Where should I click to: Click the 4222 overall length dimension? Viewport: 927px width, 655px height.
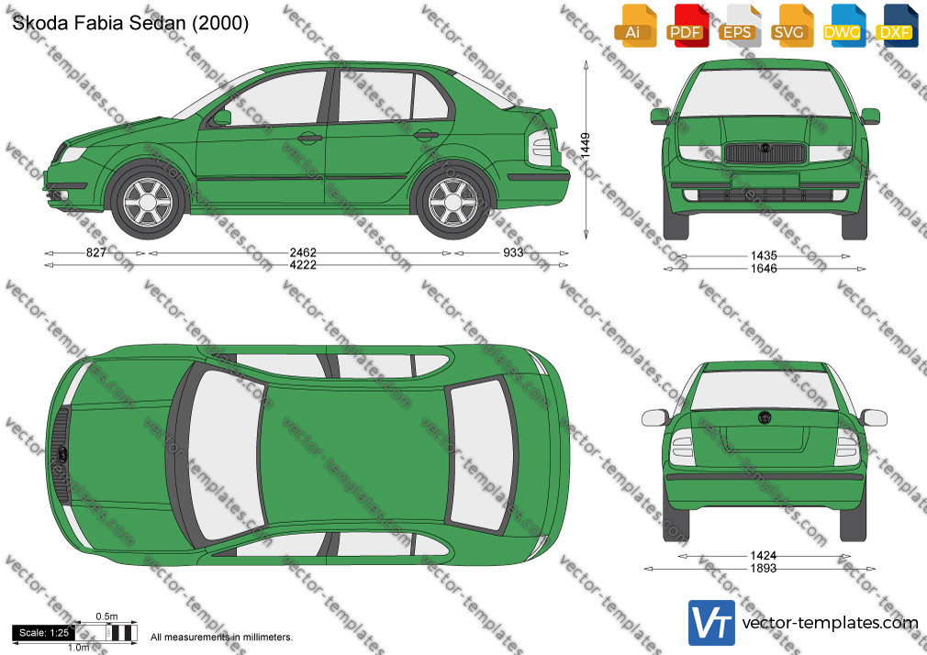click(x=303, y=265)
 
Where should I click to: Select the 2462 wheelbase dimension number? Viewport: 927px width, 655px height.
click(x=303, y=252)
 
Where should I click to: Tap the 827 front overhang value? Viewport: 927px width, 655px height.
click(x=95, y=252)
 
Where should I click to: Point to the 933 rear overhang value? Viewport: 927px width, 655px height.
click(x=513, y=252)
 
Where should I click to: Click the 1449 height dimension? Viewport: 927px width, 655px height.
click(x=586, y=144)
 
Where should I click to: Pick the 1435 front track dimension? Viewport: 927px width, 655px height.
click(x=764, y=255)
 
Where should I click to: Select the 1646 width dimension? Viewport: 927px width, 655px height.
click(x=764, y=269)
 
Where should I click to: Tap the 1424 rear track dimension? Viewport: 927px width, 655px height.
click(x=764, y=555)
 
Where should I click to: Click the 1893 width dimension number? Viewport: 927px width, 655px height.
click(x=764, y=568)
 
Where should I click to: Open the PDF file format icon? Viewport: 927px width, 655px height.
click(x=687, y=27)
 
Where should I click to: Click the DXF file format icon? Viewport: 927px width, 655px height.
click(x=897, y=27)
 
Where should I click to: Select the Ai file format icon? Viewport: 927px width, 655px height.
click(x=635, y=27)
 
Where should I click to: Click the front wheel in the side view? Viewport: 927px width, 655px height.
click(x=147, y=202)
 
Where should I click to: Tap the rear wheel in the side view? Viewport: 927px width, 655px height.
click(x=452, y=202)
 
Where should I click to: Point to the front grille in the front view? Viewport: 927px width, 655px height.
click(x=765, y=152)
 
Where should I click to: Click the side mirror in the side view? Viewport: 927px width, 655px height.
click(x=222, y=117)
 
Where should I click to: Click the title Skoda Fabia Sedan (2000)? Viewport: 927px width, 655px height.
click(x=130, y=23)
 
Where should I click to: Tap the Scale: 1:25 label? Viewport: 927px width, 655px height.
click(x=44, y=633)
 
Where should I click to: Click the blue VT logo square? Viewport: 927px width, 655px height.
click(x=711, y=623)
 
